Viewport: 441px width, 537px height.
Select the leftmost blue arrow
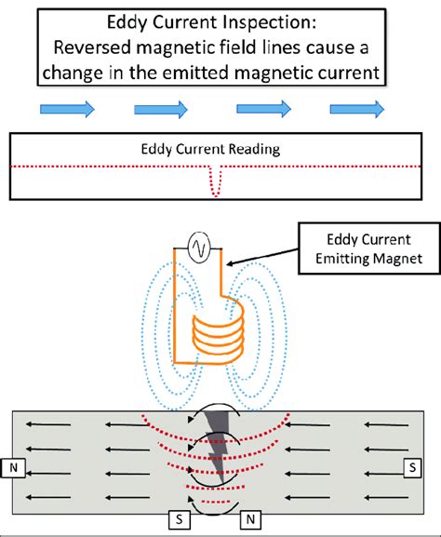coord(66,111)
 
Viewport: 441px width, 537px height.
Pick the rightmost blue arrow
coord(357,111)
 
